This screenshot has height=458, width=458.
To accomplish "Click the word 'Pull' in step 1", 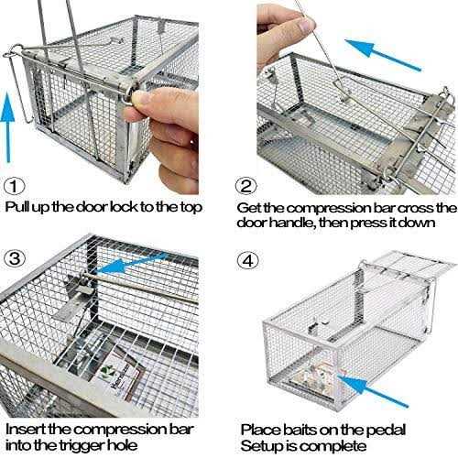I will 19,206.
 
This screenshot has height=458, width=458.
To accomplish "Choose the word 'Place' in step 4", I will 261,427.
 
